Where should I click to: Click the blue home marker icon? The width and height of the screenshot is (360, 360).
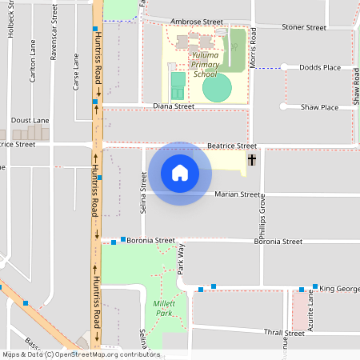click(180, 173)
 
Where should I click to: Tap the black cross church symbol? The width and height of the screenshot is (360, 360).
click(252, 160)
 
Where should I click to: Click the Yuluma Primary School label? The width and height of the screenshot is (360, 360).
click(205, 65)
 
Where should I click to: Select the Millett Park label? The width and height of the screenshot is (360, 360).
click(163, 309)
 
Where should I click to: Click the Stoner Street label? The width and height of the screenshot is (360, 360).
click(305, 27)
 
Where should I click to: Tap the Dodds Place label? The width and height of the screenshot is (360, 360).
click(320, 68)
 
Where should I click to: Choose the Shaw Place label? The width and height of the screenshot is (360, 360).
click(319, 107)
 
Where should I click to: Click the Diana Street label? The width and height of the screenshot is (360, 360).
click(174, 106)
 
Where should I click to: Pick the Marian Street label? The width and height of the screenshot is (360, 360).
click(238, 194)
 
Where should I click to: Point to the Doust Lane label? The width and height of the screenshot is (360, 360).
click(30, 120)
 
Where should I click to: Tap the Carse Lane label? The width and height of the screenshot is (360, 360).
click(76, 72)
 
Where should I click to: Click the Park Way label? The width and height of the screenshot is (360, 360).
click(181, 261)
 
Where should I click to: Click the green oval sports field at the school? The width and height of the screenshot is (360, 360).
click(216, 87)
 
